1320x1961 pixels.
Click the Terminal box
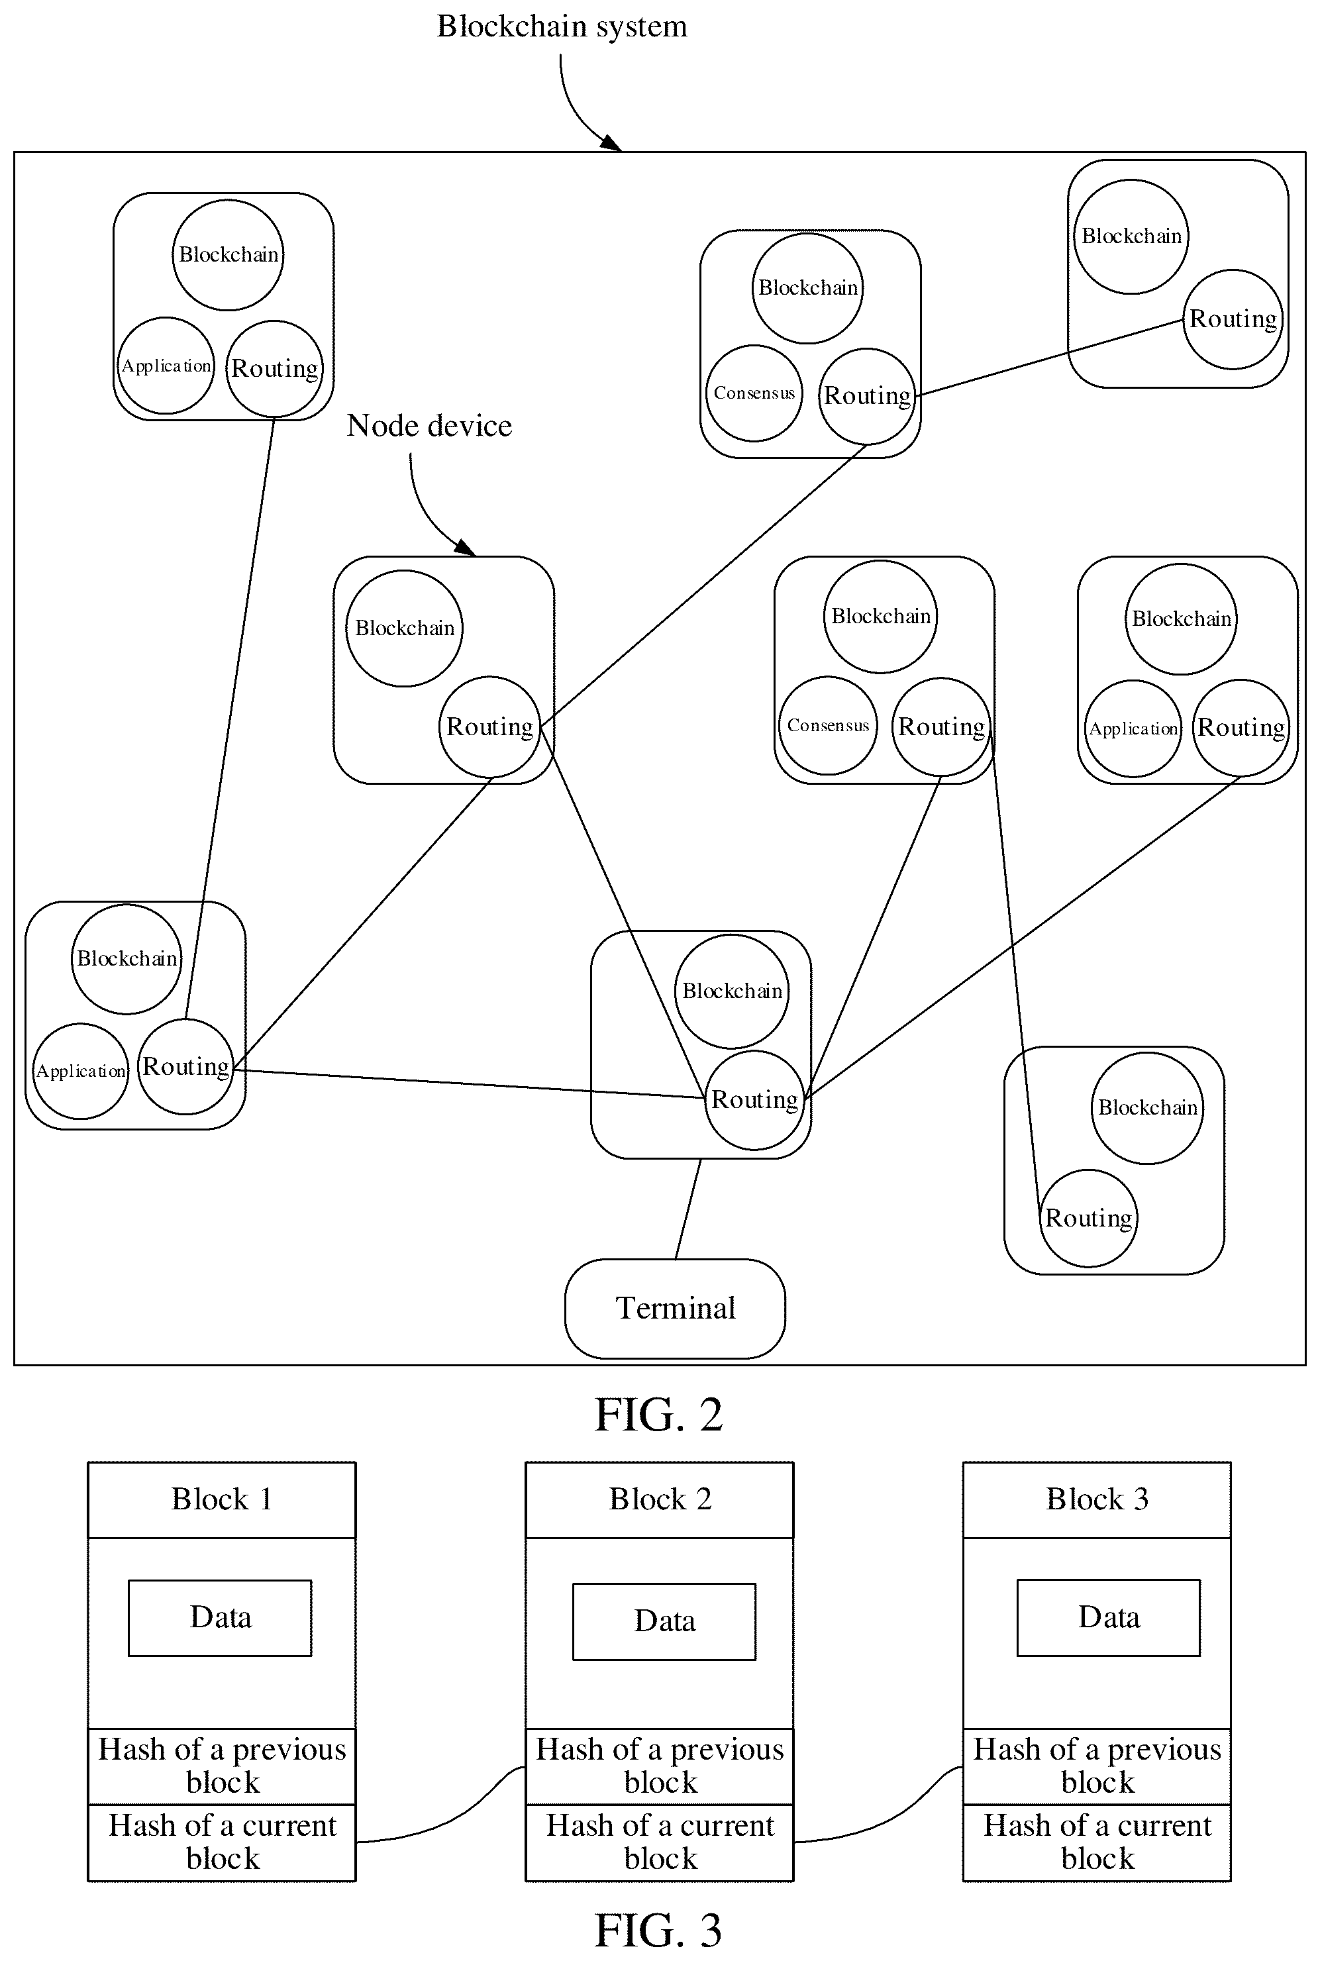(674, 1308)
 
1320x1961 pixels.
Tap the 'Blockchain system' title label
(562, 26)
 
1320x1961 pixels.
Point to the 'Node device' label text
(429, 426)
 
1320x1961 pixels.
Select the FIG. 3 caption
(658, 1930)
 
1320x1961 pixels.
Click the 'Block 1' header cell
(221, 1500)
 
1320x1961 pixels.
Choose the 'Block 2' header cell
(659, 1500)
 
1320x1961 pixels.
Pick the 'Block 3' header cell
(1097, 1500)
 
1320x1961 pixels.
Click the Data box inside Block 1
(220, 1618)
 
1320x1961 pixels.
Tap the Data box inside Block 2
(664, 1621)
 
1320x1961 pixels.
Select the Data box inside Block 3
(1109, 1618)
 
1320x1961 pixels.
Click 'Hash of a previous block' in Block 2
(659, 1766)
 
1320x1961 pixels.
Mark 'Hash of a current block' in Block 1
(221, 1842)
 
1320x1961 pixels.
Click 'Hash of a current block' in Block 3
(1097, 1842)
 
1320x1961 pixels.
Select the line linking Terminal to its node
(687, 1209)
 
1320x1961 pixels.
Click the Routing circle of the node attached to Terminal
(754, 1099)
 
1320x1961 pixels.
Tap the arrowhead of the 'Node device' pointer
(466, 548)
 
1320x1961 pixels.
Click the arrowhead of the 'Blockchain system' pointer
(612, 142)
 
